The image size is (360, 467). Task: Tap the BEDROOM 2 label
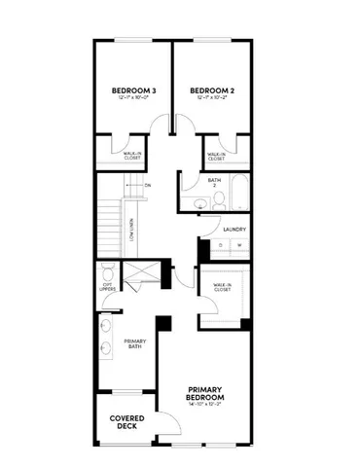coord(212,90)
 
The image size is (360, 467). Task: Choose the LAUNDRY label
coord(234,230)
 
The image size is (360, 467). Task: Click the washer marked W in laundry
coord(237,245)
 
